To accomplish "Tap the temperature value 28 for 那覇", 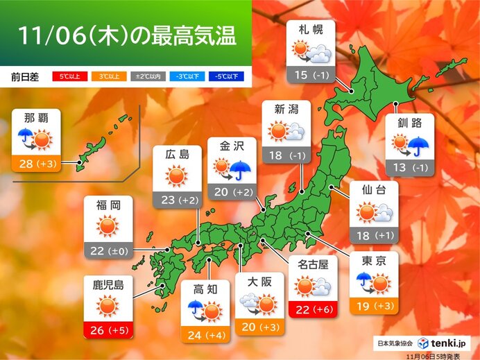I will (26, 164).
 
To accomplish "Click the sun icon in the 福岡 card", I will (107, 226).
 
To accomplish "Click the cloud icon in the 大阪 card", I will (249, 302).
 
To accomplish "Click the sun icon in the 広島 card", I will (176, 177).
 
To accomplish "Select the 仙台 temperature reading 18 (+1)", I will (375, 235).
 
